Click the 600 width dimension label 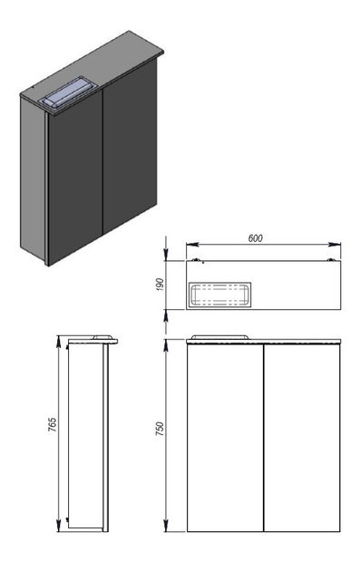[255, 238]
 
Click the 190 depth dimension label [160, 285]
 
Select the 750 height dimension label [160, 429]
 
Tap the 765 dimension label [53, 424]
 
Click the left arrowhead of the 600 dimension [192, 245]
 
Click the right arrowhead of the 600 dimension [335, 245]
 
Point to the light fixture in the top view [219, 295]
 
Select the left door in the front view [225, 438]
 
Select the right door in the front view [302, 438]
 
